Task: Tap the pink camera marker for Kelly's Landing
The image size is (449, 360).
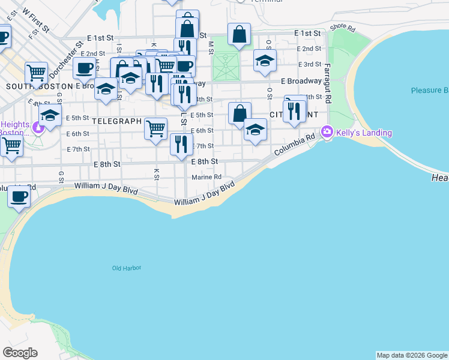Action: (327, 131)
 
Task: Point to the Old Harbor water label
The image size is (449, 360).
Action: (127, 268)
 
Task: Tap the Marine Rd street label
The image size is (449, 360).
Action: (206, 177)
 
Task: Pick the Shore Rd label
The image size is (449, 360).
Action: (342, 27)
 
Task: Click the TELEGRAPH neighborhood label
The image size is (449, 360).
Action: (116, 121)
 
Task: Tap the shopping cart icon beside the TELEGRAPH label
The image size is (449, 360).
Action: (156, 127)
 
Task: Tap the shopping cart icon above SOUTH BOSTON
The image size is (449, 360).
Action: (37, 73)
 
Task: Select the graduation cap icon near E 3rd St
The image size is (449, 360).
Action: (264, 61)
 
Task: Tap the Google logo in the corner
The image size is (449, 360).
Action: (20, 353)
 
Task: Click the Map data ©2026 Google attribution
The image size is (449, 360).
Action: (412, 355)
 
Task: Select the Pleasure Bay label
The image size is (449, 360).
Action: (430, 91)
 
